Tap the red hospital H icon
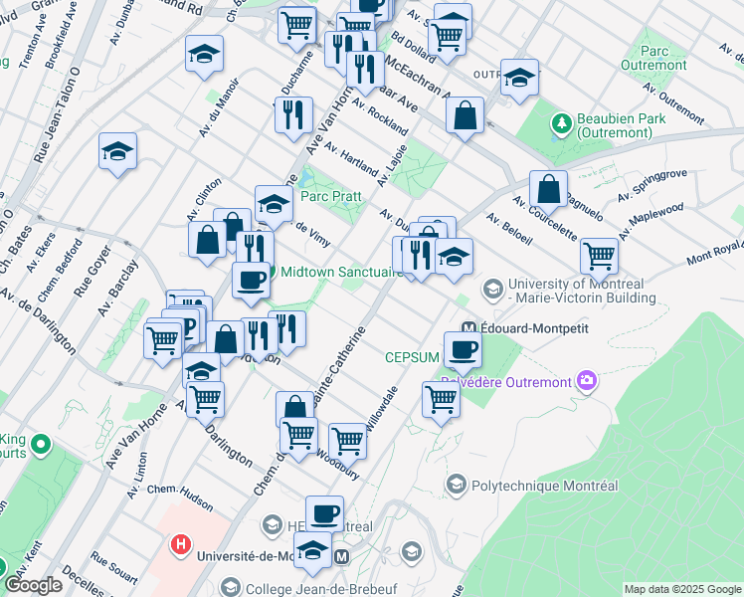pyautogui.click(x=181, y=544)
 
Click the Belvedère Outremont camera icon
pyautogui.click(x=587, y=381)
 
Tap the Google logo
pyautogui.click(x=36, y=584)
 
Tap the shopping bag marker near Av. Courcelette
pyautogui.click(x=548, y=187)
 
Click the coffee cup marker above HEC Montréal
pyautogui.click(x=324, y=513)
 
